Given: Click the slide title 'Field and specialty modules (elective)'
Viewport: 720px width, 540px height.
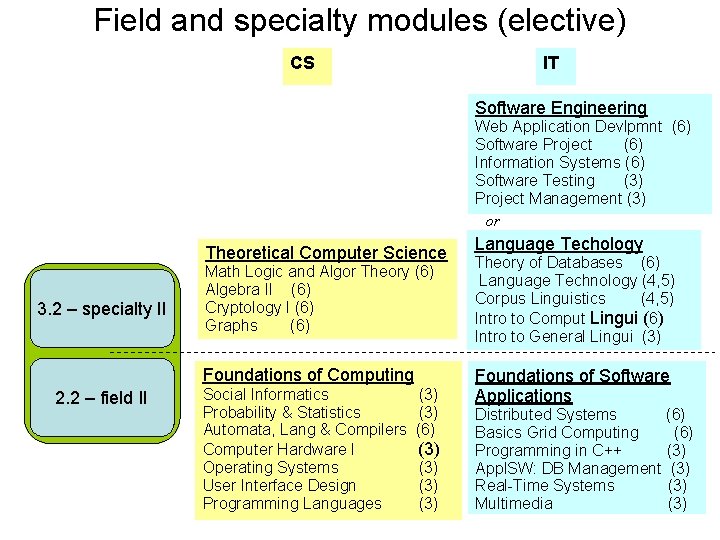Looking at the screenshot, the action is tap(360, 20).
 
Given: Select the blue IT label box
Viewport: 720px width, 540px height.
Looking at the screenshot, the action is tap(551, 64).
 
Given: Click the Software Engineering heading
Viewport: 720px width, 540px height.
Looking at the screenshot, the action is tap(560, 108).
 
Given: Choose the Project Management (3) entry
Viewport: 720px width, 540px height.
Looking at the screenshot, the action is tap(560, 198).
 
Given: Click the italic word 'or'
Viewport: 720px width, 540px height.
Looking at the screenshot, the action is tap(492, 221).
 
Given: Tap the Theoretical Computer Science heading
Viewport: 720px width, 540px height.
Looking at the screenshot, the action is tap(325, 253).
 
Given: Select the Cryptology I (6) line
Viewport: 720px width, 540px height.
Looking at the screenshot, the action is tap(259, 307).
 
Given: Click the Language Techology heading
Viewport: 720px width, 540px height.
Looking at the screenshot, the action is tap(558, 244).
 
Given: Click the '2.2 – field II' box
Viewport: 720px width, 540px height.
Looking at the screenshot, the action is tap(101, 398).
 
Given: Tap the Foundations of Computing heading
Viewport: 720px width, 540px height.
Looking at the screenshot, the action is tap(308, 375).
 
